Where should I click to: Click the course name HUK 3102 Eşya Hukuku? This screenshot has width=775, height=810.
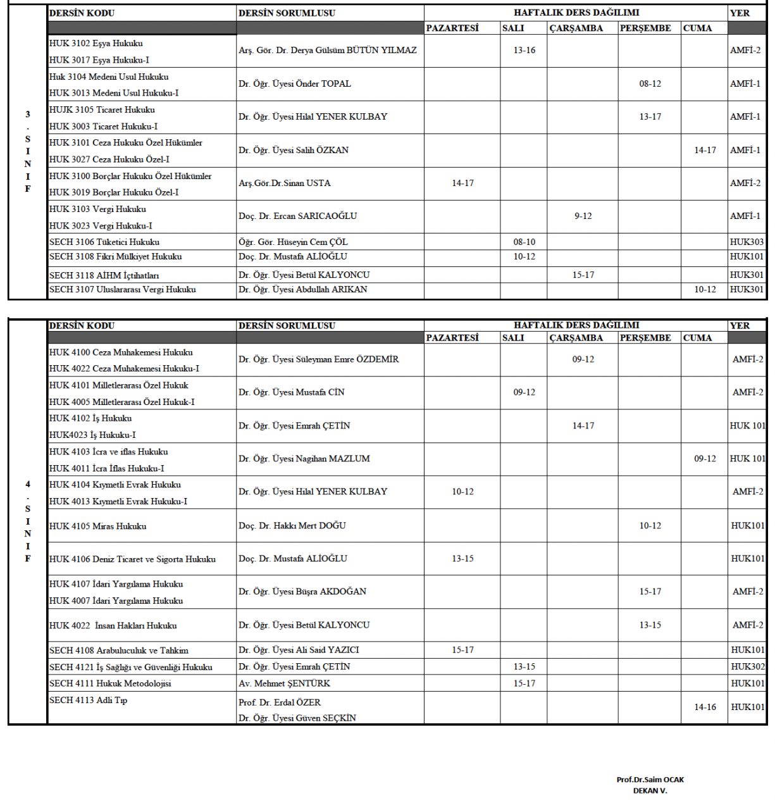pyautogui.click(x=96, y=44)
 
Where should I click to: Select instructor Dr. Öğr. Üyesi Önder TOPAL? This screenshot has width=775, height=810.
pyautogui.click(x=295, y=84)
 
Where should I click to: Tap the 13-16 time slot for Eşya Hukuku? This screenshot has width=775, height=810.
pyautogui.click(x=524, y=51)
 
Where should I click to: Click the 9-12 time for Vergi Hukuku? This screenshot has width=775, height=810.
pyautogui.click(x=583, y=216)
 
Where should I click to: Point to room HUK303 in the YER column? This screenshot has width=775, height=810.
pyautogui.click(x=747, y=242)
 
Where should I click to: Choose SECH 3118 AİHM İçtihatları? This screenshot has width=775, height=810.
pyautogui.click(x=104, y=275)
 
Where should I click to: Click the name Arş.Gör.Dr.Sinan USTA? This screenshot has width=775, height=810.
pyautogui.click(x=285, y=184)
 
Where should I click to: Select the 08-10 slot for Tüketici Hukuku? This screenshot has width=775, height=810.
pyautogui.click(x=524, y=242)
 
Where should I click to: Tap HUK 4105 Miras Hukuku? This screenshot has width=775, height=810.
pyautogui.click(x=98, y=526)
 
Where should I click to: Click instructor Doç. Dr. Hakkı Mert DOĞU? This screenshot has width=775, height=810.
pyautogui.click(x=292, y=526)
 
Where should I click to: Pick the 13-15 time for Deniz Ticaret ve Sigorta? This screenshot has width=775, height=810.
pyautogui.click(x=462, y=559)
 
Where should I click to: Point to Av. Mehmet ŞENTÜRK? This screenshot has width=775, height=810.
pyautogui.click(x=285, y=683)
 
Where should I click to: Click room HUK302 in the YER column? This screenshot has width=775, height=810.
pyautogui.click(x=747, y=667)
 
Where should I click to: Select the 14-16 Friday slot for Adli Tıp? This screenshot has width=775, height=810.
pyautogui.click(x=705, y=707)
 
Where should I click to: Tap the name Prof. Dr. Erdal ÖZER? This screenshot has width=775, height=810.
pyautogui.click(x=280, y=702)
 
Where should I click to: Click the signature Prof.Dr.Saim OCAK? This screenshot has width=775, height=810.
pyautogui.click(x=650, y=780)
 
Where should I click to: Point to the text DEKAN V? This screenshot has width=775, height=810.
pyautogui.click(x=650, y=790)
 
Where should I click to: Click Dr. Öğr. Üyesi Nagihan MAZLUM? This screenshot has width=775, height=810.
pyautogui.click(x=304, y=459)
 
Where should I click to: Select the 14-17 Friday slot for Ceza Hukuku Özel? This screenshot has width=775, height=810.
pyautogui.click(x=705, y=151)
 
